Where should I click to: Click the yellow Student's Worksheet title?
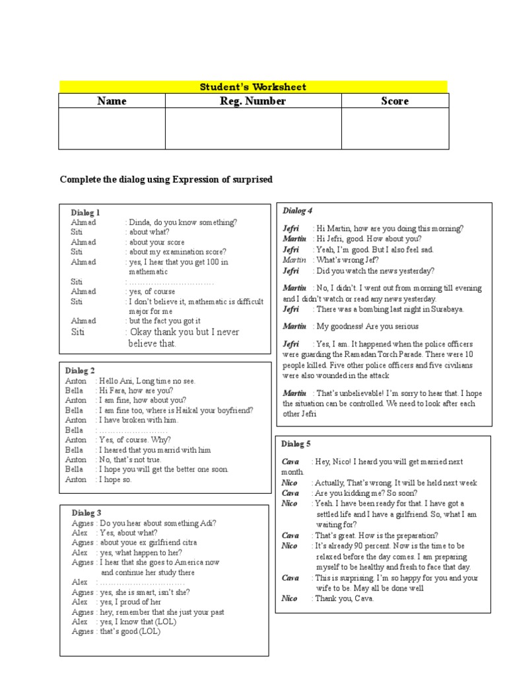(253, 87)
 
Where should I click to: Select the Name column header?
(112, 101)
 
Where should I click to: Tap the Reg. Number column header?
(253, 101)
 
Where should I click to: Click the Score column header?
(395, 101)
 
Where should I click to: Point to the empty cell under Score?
(395, 129)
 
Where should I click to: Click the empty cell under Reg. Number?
(253, 129)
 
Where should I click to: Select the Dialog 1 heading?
(86, 213)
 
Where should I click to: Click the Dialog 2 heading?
(80, 371)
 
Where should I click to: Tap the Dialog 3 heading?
(86, 513)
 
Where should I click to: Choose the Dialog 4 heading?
(298, 211)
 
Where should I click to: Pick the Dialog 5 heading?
(296, 444)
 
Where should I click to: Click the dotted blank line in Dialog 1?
(171, 282)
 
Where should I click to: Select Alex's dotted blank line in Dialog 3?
(141, 582)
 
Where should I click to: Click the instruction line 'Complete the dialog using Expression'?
(166, 180)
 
